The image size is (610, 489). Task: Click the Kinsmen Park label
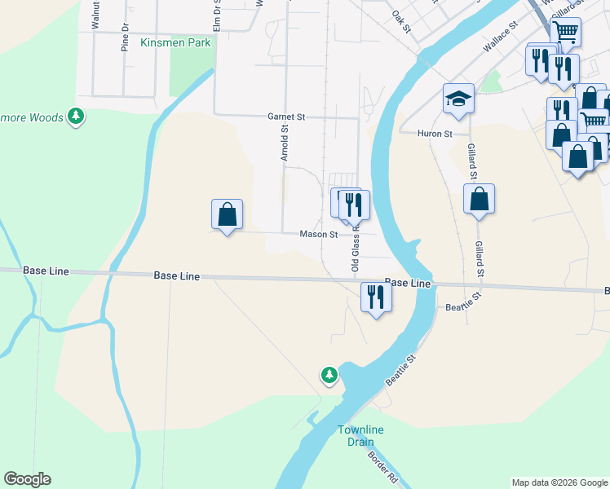(175, 42)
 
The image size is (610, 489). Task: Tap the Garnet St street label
(286, 117)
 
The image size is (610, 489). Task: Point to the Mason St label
(319, 234)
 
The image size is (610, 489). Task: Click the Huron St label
(435, 133)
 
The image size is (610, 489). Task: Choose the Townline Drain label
(360, 435)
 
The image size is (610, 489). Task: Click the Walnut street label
(95, 15)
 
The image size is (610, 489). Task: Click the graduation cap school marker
(458, 99)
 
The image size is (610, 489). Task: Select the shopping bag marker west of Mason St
(228, 215)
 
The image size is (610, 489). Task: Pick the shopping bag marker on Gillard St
(480, 199)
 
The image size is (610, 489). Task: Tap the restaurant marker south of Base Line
(376, 297)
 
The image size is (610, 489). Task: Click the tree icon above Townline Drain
(329, 375)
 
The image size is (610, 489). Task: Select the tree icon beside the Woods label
(76, 117)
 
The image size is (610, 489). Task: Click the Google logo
(27, 479)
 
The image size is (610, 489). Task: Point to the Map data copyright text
(559, 482)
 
